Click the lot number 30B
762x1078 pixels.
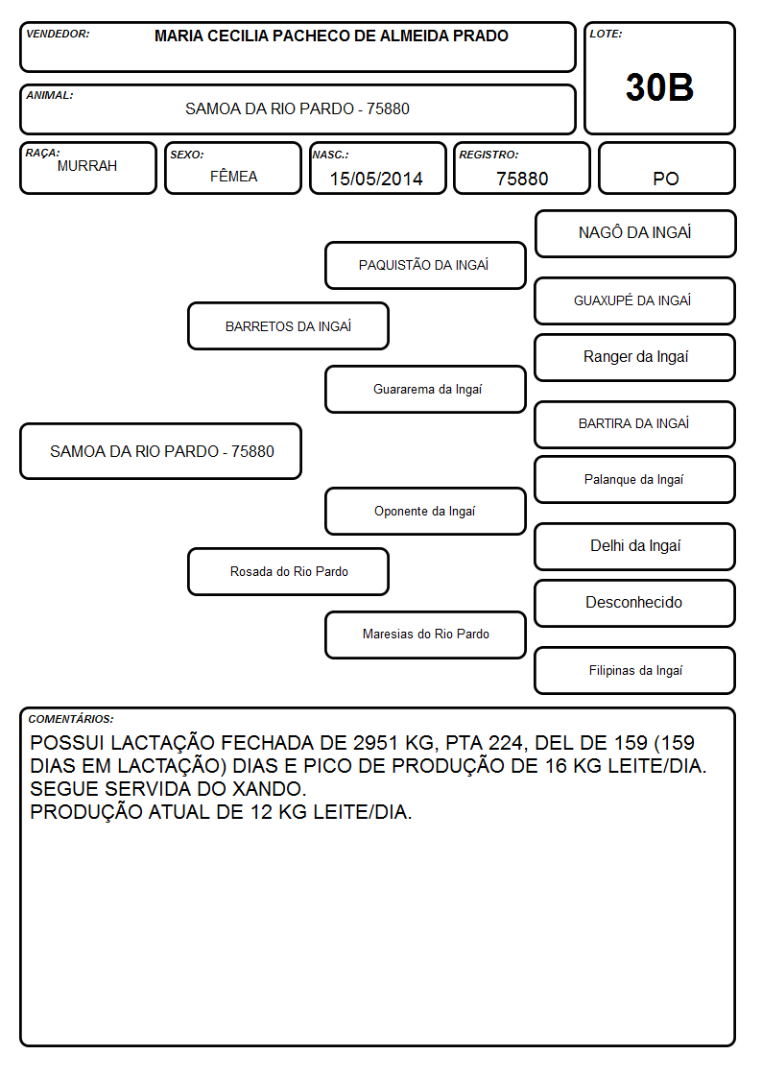click(659, 87)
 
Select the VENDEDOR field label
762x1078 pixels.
click(58, 34)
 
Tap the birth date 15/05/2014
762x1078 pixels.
click(376, 179)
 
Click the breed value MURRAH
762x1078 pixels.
click(87, 166)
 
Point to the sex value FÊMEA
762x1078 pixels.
click(233, 176)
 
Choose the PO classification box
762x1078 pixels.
click(666, 168)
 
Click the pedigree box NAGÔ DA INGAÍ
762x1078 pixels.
click(635, 234)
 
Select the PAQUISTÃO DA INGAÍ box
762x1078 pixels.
click(425, 265)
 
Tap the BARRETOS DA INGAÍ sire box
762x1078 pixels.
click(288, 325)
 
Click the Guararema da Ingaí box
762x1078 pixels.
click(425, 389)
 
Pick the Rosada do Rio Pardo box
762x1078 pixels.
click(288, 571)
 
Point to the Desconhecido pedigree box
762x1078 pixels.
click(634, 603)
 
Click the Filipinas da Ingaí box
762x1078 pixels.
click(634, 670)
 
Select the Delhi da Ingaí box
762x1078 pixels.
click(634, 546)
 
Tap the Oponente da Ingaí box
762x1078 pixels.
click(425, 511)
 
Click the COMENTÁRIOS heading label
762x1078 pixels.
click(71, 719)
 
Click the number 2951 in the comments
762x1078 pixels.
click(376, 742)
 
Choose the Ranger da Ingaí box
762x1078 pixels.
click(634, 357)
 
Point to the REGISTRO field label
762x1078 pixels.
click(488, 155)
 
